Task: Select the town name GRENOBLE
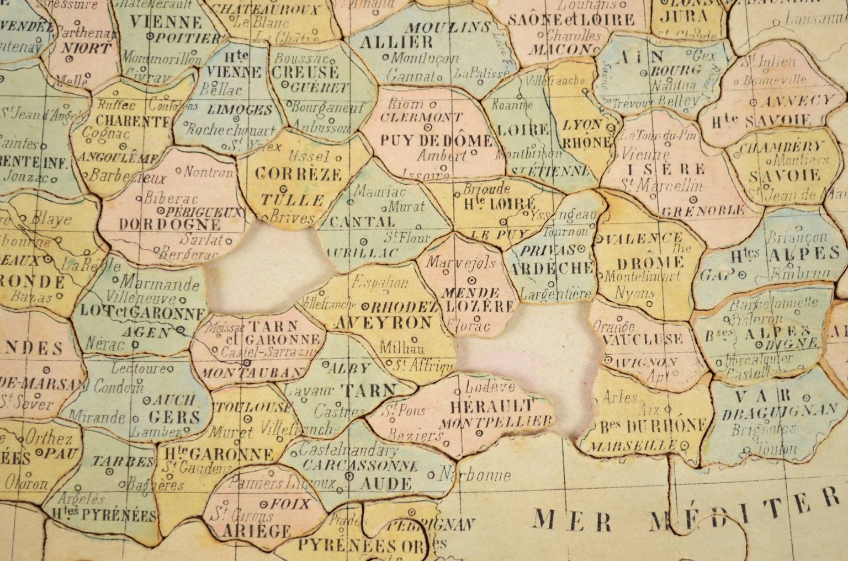[x=703, y=211]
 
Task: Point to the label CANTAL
[x=362, y=222]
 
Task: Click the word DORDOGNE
[x=170, y=225]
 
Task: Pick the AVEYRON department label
[x=383, y=323]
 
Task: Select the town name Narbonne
[x=475, y=474]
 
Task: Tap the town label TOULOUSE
[x=252, y=407]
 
